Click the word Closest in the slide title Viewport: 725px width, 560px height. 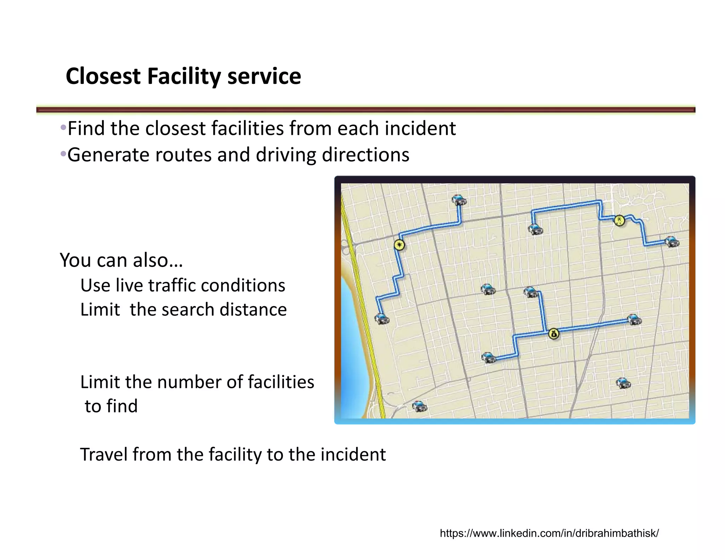(x=103, y=76)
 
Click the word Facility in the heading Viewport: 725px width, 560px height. (x=184, y=76)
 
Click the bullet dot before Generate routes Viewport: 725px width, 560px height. (x=63, y=154)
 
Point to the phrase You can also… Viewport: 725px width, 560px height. (x=121, y=260)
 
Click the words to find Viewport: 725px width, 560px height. (x=111, y=406)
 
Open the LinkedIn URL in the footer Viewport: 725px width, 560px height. (x=549, y=533)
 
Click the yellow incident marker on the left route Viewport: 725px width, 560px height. (x=399, y=245)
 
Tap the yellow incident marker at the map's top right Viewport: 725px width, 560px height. (x=619, y=221)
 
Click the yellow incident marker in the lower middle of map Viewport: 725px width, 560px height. (x=554, y=334)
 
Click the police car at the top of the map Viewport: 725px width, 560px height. (x=459, y=200)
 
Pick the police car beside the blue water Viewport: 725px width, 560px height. (x=382, y=319)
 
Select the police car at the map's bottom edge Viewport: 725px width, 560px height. (x=419, y=406)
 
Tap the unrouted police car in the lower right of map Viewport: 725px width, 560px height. (x=623, y=383)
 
